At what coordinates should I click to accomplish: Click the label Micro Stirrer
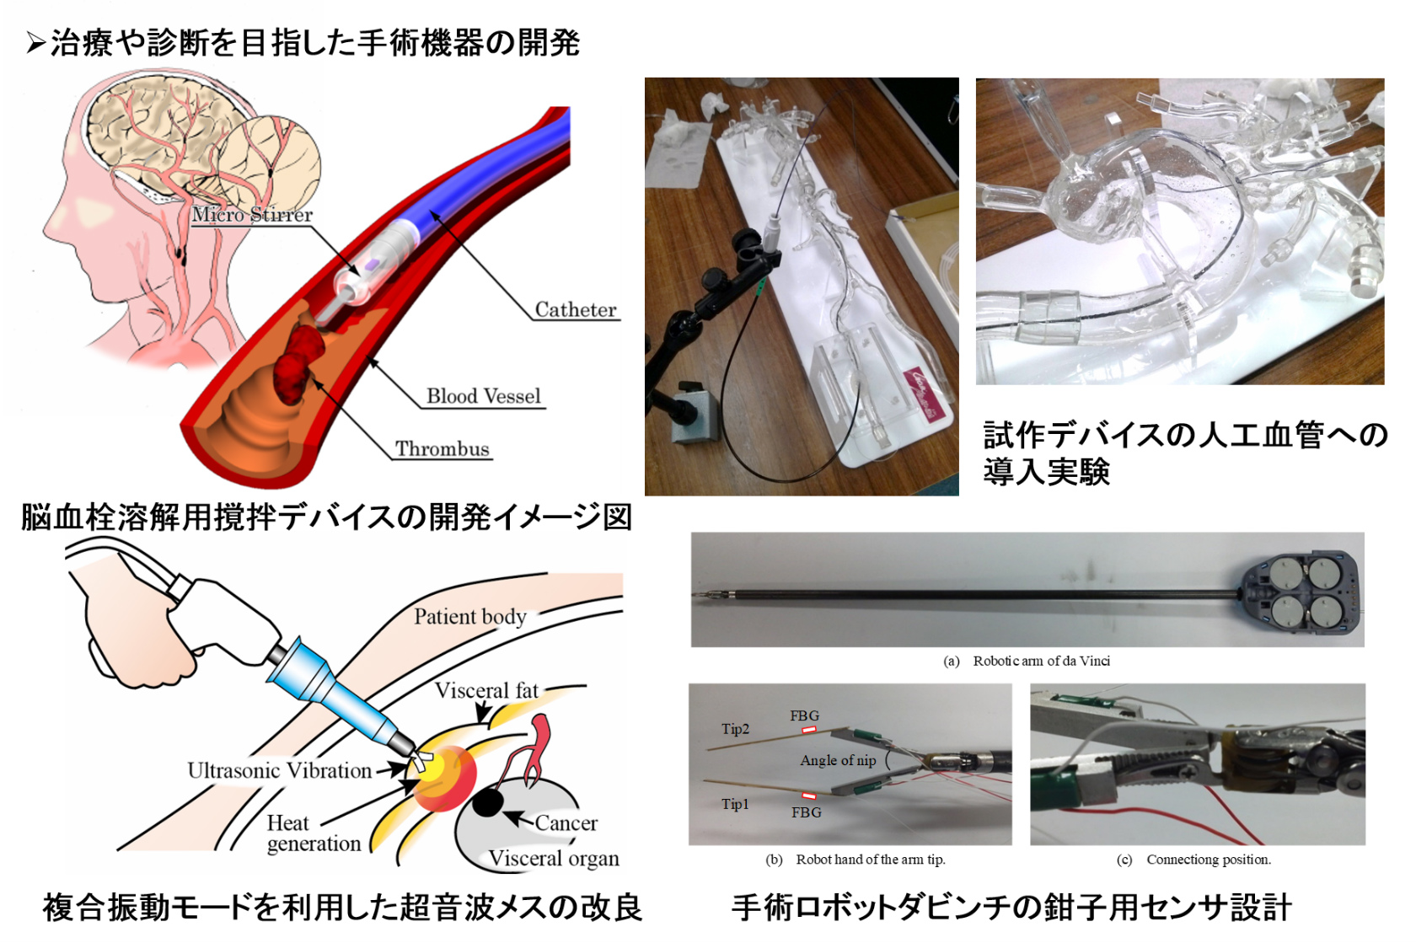(252, 215)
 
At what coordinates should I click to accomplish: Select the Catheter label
(576, 310)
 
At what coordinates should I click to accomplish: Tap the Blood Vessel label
(483, 396)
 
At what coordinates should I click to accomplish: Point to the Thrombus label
(442, 449)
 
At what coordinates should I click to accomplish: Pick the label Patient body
(469, 617)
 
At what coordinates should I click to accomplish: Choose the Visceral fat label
(486, 691)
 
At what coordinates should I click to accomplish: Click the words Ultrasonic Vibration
(279, 770)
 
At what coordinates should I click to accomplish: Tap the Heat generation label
(313, 833)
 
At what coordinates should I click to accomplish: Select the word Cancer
(566, 823)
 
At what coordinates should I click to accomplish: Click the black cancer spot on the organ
(487, 803)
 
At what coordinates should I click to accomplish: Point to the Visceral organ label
(554, 859)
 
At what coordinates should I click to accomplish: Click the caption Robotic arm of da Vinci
(1040, 661)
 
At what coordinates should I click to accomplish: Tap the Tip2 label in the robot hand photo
(735, 729)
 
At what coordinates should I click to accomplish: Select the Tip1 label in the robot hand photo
(735, 804)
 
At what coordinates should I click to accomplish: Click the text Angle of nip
(838, 760)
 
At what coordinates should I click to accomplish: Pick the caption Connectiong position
(1208, 860)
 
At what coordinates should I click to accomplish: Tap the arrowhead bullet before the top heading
(35, 43)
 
